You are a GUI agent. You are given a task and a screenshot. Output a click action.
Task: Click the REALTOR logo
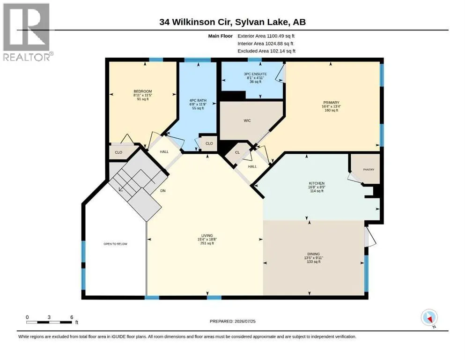point(27,32)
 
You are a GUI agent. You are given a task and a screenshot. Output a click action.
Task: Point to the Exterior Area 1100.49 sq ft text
point(266,36)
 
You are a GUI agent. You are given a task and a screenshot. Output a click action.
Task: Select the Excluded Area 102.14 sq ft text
point(266,51)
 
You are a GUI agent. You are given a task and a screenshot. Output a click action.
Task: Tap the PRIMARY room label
point(331,102)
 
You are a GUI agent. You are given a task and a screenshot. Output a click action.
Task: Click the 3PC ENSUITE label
point(255,74)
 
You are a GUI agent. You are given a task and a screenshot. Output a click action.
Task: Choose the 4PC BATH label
point(198,100)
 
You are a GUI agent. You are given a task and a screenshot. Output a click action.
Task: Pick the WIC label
point(247,120)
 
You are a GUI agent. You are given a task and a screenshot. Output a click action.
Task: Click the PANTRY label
point(369,170)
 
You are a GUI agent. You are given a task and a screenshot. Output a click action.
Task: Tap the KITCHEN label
point(317,183)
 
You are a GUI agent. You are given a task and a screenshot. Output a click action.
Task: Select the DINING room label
point(313,254)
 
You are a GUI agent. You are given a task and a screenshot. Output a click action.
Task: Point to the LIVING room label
point(207,235)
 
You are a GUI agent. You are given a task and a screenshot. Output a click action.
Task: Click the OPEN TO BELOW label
point(115,244)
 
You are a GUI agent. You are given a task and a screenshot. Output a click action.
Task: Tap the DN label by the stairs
point(163,191)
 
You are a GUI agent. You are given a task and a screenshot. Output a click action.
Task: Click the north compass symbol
point(429,318)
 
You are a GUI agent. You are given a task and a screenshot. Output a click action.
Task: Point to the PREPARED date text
point(232,321)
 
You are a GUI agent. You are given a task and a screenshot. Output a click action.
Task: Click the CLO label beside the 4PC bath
point(209,143)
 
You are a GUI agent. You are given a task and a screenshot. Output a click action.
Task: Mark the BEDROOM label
point(143,91)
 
